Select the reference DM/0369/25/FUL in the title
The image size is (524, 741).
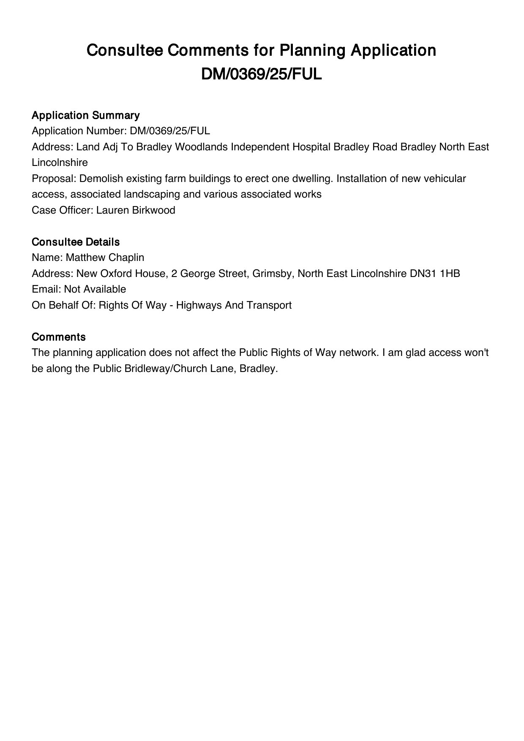tap(262, 74)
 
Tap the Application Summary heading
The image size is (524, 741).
tap(86, 115)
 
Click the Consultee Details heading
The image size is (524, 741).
tap(76, 242)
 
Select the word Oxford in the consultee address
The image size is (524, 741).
tap(116, 274)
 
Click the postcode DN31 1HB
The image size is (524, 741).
tap(435, 274)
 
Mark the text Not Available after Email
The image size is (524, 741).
tap(95, 289)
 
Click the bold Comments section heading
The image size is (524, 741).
tap(59, 337)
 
